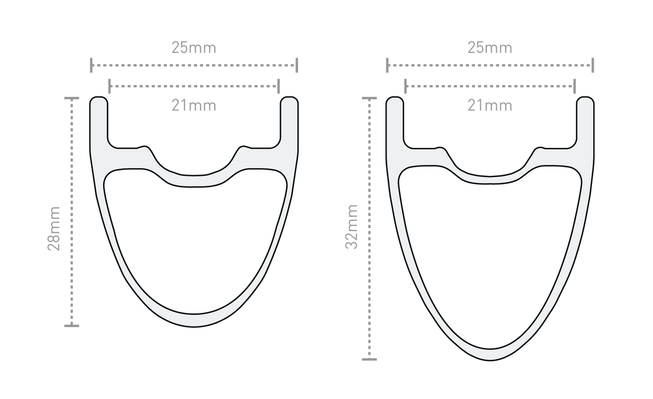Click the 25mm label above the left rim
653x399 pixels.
tap(194, 48)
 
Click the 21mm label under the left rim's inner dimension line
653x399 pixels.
tap(194, 106)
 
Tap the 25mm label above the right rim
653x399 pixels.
tap(490, 48)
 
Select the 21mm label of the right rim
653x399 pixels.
tap(490, 106)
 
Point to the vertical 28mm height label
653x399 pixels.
tap(54, 229)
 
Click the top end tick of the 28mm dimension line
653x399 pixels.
tap(71, 98)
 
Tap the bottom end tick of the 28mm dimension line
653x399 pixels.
tap(71, 325)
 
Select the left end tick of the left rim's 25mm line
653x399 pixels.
tap(91, 65)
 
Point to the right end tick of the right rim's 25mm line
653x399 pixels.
tap(593, 65)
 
